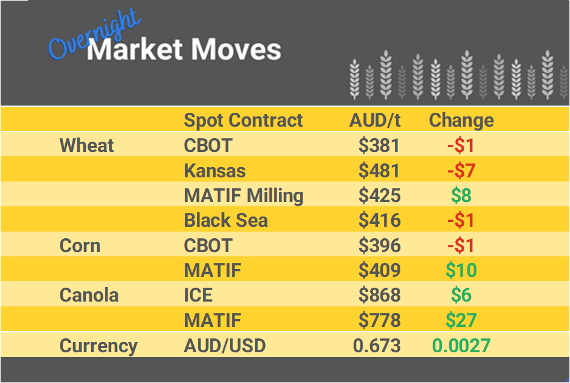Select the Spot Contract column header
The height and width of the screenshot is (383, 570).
tap(243, 120)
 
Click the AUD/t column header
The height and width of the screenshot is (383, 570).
tap(374, 120)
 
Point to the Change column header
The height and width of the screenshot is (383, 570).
tap(461, 120)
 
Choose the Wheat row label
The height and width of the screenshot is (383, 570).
tap(87, 145)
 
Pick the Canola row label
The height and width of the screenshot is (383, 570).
tap(89, 295)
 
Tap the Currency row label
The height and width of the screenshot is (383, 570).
tap(98, 346)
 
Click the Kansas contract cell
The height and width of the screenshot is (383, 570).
tap(214, 171)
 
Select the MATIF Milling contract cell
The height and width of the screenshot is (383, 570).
tap(243, 195)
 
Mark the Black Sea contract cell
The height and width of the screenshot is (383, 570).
tap(225, 220)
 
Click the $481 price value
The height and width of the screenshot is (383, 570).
tap(379, 171)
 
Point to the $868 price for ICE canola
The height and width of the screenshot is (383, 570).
tap(379, 295)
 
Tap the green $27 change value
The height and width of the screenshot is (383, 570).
tap(461, 320)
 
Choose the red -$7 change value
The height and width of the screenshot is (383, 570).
tap(461, 171)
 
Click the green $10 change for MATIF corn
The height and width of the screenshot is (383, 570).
tap(461, 270)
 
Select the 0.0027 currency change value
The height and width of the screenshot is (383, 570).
tap(461, 346)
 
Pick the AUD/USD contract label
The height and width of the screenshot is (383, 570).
tap(225, 346)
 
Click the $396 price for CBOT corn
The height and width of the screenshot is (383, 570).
tap(379, 245)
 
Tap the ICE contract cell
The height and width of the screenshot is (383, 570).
tap(198, 295)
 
